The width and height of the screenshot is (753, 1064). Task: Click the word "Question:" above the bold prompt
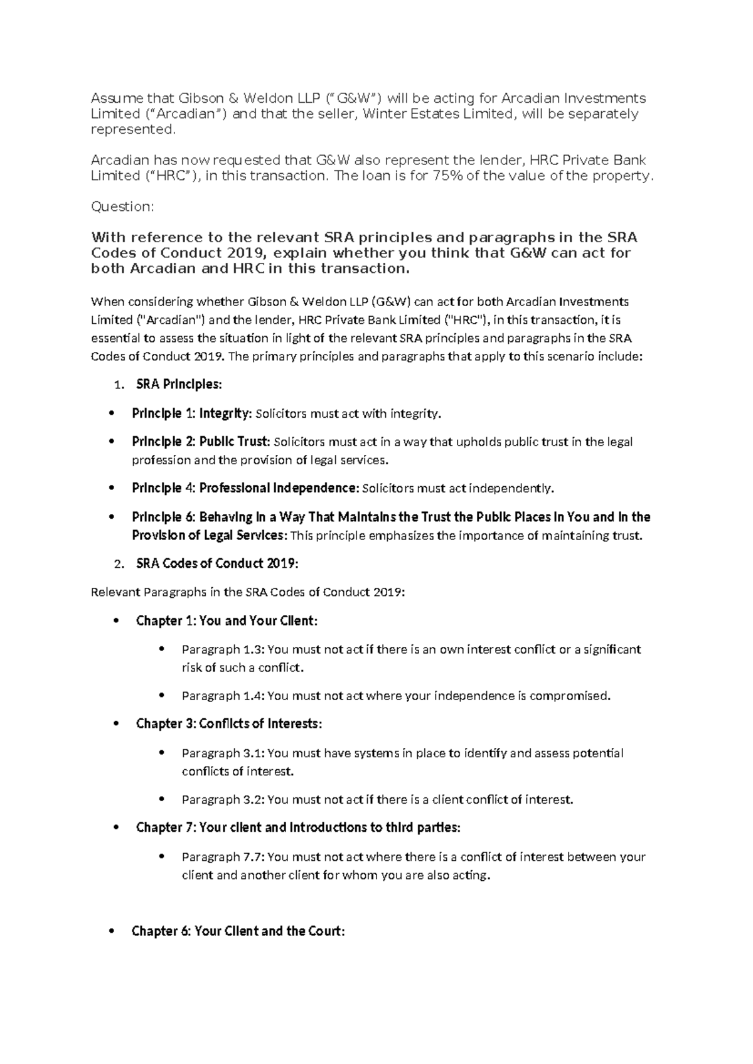coord(122,206)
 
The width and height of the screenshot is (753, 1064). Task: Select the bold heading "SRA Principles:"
coord(179,385)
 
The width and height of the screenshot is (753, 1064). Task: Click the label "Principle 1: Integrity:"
coord(191,413)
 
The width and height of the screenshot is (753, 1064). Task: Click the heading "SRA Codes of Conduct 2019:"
coord(217,563)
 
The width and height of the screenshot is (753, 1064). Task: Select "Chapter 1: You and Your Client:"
coord(227,620)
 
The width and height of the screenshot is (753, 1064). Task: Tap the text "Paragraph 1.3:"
coord(223,649)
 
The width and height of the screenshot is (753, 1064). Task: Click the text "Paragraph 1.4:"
coord(223,696)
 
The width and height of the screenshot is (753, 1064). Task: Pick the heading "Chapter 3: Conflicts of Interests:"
coord(229,724)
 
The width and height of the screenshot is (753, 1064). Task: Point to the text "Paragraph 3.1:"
coord(223,753)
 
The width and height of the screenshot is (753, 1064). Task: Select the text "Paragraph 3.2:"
coord(223,799)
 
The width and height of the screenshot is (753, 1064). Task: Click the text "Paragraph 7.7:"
coord(223,857)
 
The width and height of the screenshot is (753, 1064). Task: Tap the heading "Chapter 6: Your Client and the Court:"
coord(238,931)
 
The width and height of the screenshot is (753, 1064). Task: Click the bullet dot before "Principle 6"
coord(112,517)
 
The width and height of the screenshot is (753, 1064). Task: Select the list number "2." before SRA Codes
coord(119,564)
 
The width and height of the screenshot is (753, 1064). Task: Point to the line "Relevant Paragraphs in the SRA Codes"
coord(248,592)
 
